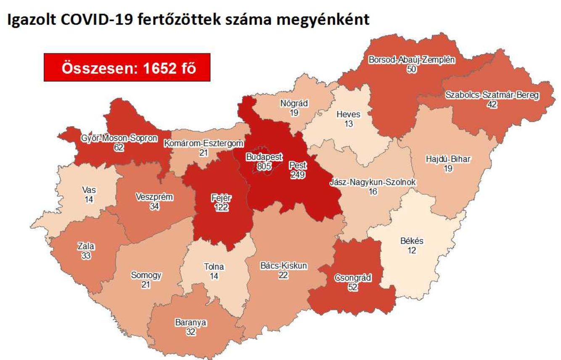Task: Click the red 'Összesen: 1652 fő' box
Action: coord(127,67)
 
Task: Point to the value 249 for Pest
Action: coord(298,175)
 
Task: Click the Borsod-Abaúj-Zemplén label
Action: coord(412,60)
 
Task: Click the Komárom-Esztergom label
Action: coord(204,143)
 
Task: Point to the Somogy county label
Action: coord(146,276)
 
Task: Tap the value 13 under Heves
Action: coord(348,124)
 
